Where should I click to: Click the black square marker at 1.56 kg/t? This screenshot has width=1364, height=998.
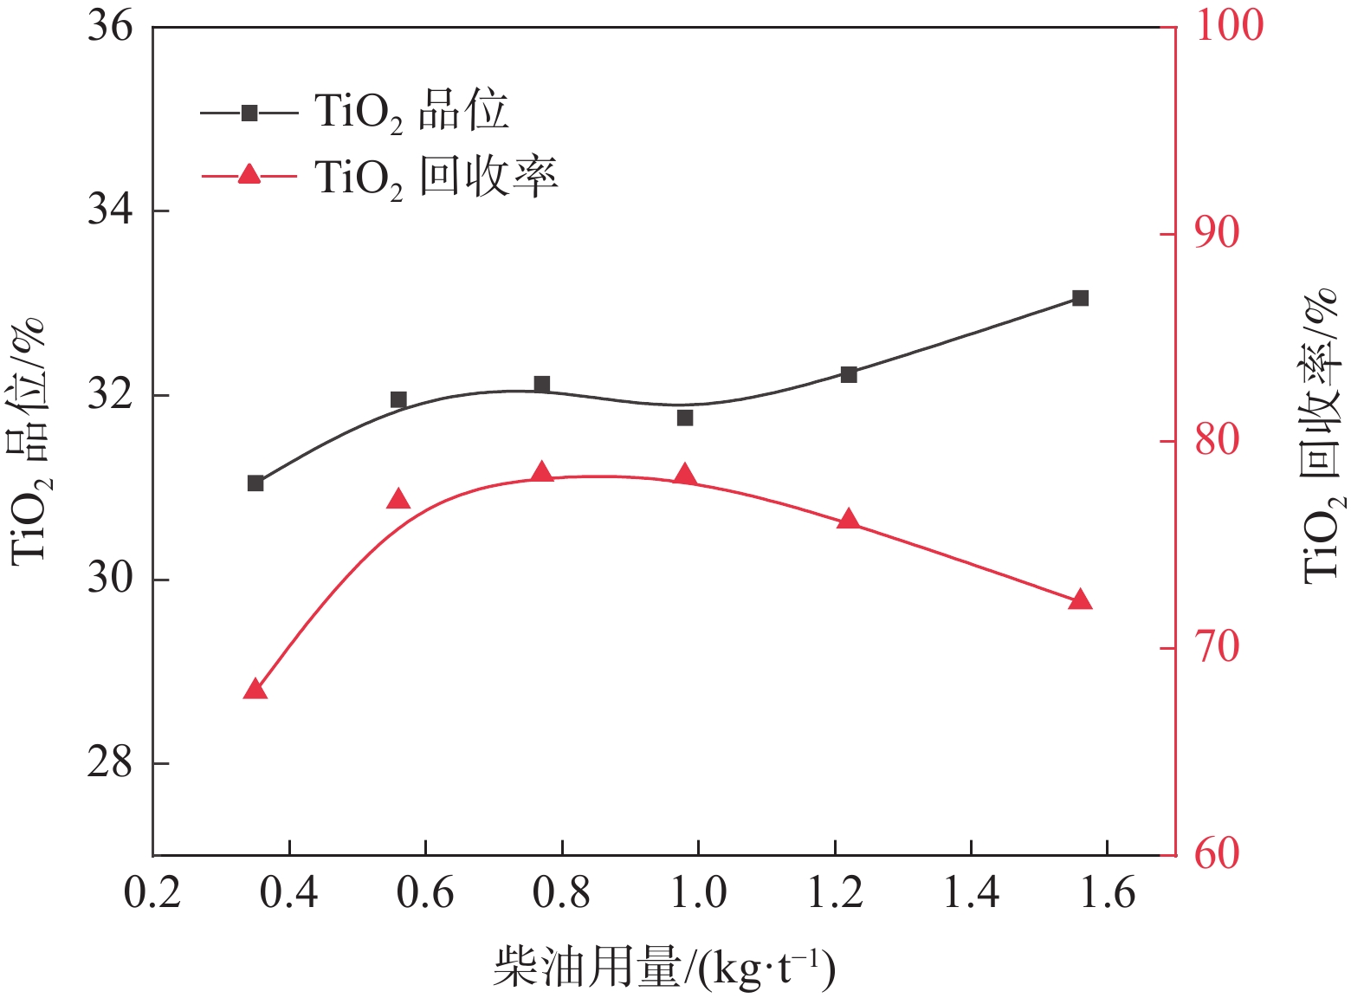tap(1080, 298)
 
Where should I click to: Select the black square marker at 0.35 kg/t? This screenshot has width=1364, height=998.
tap(255, 483)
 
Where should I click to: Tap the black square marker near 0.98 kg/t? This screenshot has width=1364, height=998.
tap(685, 418)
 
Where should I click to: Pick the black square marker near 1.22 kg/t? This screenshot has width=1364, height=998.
tap(849, 374)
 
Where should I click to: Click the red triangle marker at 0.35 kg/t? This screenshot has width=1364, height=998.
tap(255, 690)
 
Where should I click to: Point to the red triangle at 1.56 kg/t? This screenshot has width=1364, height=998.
tap(1080, 600)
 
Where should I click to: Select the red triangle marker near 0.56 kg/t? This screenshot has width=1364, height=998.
tap(398, 499)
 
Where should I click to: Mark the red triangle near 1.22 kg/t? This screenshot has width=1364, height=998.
tap(849, 520)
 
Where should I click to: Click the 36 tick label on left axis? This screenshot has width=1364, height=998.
tap(110, 27)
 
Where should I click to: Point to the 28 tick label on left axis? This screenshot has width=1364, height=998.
tap(110, 763)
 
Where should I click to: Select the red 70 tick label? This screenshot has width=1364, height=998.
tap(1217, 647)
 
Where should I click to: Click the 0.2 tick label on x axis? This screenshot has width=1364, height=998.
tap(152, 892)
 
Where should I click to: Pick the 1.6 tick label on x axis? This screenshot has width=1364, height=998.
tap(1108, 892)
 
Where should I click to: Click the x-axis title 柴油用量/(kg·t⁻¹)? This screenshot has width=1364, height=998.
tap(663, 968)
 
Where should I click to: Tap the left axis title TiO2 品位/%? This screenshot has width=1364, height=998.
tap(28, 442)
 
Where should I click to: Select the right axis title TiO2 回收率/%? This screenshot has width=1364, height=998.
tap(1322, 437)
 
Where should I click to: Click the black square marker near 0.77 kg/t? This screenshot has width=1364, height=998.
tap(542, 385)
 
